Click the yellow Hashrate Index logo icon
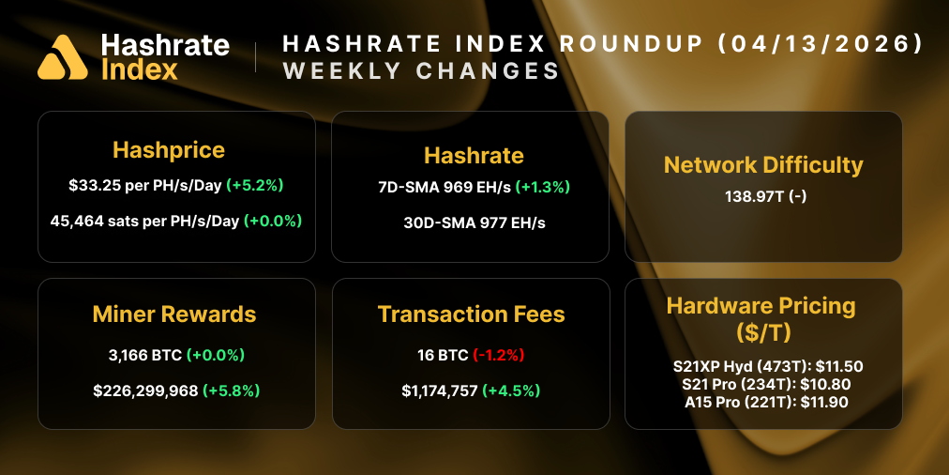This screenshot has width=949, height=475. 63,57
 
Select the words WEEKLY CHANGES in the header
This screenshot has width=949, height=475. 421,71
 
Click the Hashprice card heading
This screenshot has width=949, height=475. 169,150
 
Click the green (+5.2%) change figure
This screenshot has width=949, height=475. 255,186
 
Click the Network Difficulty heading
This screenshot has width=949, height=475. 763,165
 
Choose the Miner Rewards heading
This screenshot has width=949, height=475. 174,314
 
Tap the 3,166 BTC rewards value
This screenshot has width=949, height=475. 145,356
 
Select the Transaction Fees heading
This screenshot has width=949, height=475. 471,314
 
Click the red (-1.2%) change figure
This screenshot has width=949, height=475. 497,356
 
